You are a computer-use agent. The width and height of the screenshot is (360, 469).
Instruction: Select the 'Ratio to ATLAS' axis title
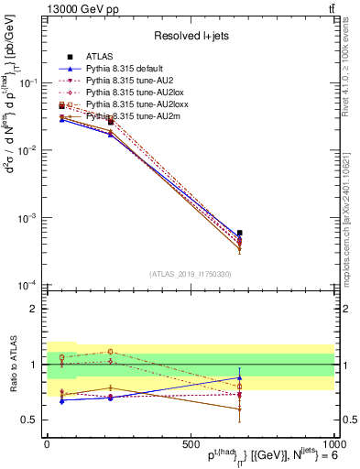coord(12,364)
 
